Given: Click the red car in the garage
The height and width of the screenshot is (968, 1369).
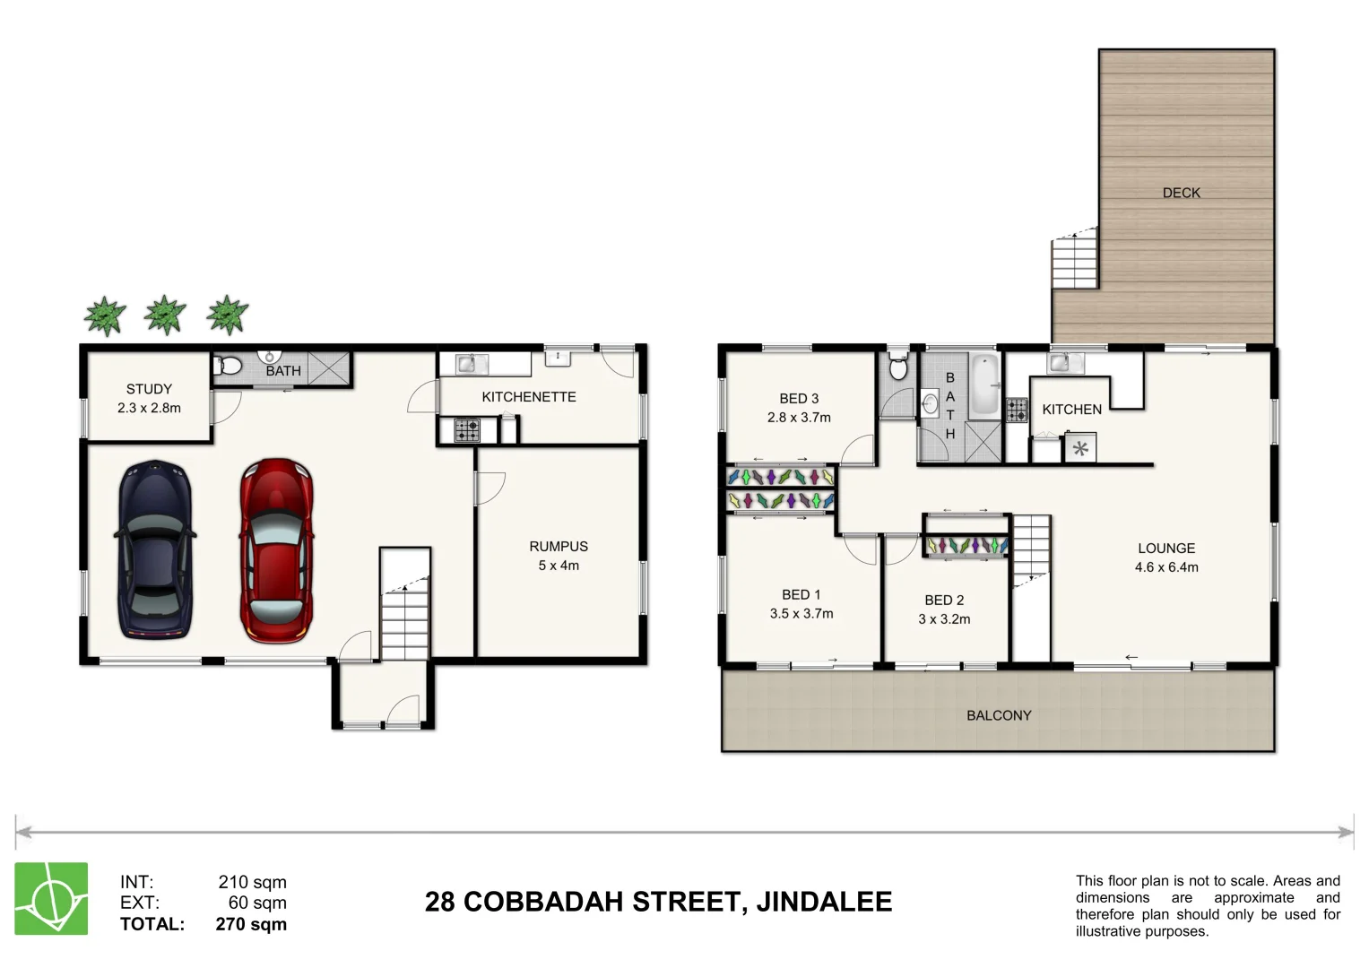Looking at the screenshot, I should (x=276, y=550).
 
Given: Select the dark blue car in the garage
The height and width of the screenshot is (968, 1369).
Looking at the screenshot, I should (x=155, y=550).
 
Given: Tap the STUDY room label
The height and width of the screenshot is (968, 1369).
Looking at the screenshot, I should (x=149, y=389).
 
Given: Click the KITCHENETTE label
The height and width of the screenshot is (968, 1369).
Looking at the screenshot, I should (x=528, y=397).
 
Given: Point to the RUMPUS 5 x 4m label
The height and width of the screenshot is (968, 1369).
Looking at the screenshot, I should (x=558, y=556).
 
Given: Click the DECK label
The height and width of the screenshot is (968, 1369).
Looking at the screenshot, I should (x=1181, y=193).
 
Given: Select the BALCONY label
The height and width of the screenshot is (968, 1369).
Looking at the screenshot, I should (x=998, y=715).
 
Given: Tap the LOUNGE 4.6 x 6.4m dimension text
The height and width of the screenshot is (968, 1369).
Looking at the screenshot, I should (x=1165, y=567).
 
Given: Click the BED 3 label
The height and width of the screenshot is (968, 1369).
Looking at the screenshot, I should (x=798, y=399).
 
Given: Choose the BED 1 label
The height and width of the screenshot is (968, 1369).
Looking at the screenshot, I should (x=801, y=595).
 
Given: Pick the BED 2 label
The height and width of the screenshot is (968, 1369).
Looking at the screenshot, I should (x=944, y=601).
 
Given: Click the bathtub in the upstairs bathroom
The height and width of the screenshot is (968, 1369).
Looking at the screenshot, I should (x=984, y=386).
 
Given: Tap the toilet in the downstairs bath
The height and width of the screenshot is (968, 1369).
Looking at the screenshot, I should (x=230, y=366).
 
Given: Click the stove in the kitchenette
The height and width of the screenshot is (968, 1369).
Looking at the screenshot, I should (x=466, y=431).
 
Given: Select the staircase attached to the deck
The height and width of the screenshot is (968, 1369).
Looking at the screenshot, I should (x=1074, y=259).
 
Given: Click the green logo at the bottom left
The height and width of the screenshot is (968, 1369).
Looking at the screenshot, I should (x=51, y=899).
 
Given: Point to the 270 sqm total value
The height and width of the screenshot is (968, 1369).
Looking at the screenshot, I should (x=251, y=924).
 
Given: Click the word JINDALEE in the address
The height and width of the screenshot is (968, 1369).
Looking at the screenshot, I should (x=824, y=902).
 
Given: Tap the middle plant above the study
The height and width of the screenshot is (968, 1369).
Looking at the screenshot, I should (x=165, y=315).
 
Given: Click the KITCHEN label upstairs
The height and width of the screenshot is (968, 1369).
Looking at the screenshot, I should (x=1071, y=410).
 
